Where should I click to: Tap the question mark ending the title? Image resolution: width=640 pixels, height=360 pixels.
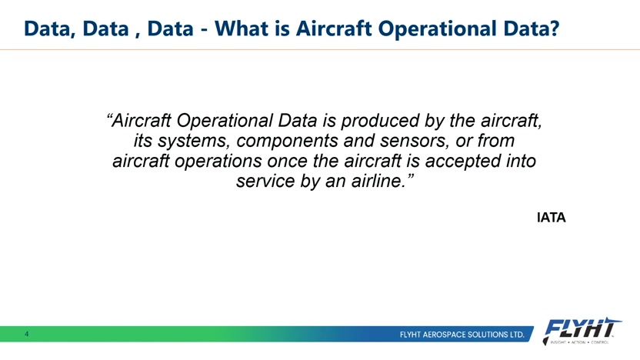[x=554, y=28]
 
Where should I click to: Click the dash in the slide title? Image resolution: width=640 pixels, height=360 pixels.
[x=204, y=30]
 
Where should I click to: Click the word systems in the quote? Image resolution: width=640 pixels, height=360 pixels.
[x=192, y=141]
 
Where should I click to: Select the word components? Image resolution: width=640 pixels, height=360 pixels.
[x=288, y=141]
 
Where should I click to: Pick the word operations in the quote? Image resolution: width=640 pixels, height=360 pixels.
[x=218, y=161]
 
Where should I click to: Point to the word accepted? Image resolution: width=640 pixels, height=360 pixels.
[x=463, y=161]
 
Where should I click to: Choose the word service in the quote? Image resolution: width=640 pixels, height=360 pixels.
[x=265, y=181]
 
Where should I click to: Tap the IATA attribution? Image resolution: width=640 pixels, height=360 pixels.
[x=551, y=218]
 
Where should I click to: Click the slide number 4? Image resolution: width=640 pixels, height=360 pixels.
[x=26, y=334]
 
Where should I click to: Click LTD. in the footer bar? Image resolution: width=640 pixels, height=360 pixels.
[x=518, y=335]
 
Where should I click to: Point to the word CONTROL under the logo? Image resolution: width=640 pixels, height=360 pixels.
[x=599, y=342]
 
